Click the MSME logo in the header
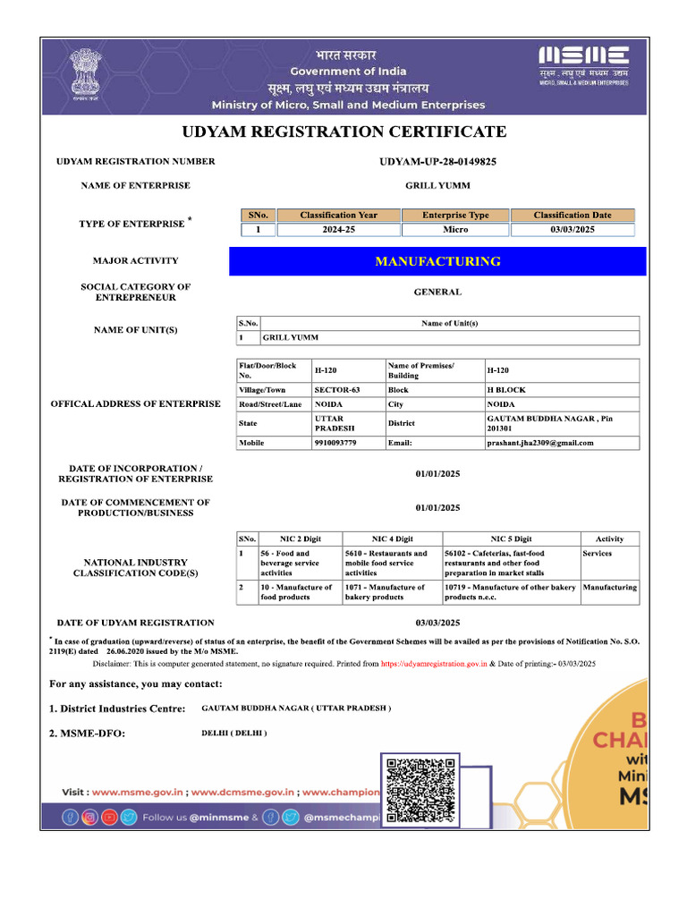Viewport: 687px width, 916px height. click(x=582, y=64)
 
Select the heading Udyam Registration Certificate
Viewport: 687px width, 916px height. click(x=344, y=132)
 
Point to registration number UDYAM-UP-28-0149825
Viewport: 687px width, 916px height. click(x=437, y=162)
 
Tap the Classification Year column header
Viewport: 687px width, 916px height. click(x=338, y=215)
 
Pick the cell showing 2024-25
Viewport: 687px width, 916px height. click(x=338, y=230)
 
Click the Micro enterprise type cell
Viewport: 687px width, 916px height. click(x=455, y=230)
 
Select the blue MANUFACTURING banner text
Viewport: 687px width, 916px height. click(x=437, y=261)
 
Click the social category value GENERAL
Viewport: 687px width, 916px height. click(x=437, y=292)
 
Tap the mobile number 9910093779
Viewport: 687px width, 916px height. click(x=335, y=443)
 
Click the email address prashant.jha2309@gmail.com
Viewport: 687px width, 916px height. click(x=539, y=443)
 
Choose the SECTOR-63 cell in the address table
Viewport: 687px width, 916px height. click(x=337, y=390)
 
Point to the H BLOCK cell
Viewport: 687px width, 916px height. click(x=506, y=390)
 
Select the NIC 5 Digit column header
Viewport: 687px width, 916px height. click(x=511, y=539)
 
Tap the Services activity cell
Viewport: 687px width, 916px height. click(x=598, y=554)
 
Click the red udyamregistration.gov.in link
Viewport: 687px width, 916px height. click(x=433, y=664)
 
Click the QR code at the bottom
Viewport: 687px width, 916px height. click(x=419, y=790)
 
